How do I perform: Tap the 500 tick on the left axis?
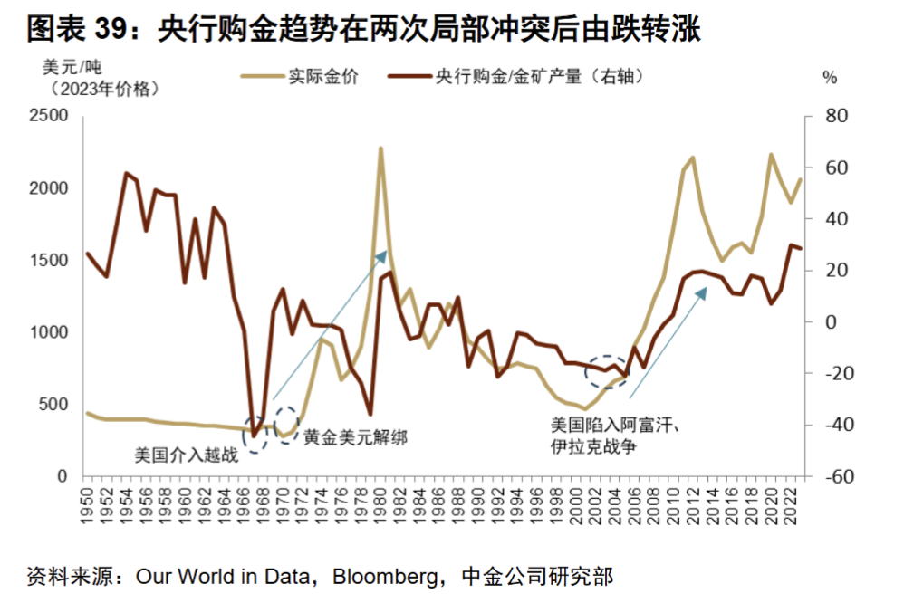point(55,404)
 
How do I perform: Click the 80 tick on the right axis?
point(834,117)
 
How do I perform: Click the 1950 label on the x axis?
point(88,503)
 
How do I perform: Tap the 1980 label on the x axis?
point(382,503)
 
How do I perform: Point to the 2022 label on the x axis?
point(791,503)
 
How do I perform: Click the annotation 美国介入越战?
point(186,455)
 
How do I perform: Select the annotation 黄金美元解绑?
point(354,438)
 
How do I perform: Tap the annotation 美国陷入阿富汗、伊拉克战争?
point(615,435)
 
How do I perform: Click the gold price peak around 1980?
point(380,148)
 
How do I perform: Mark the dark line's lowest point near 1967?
point(255,436)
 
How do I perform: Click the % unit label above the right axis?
point(829,78)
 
